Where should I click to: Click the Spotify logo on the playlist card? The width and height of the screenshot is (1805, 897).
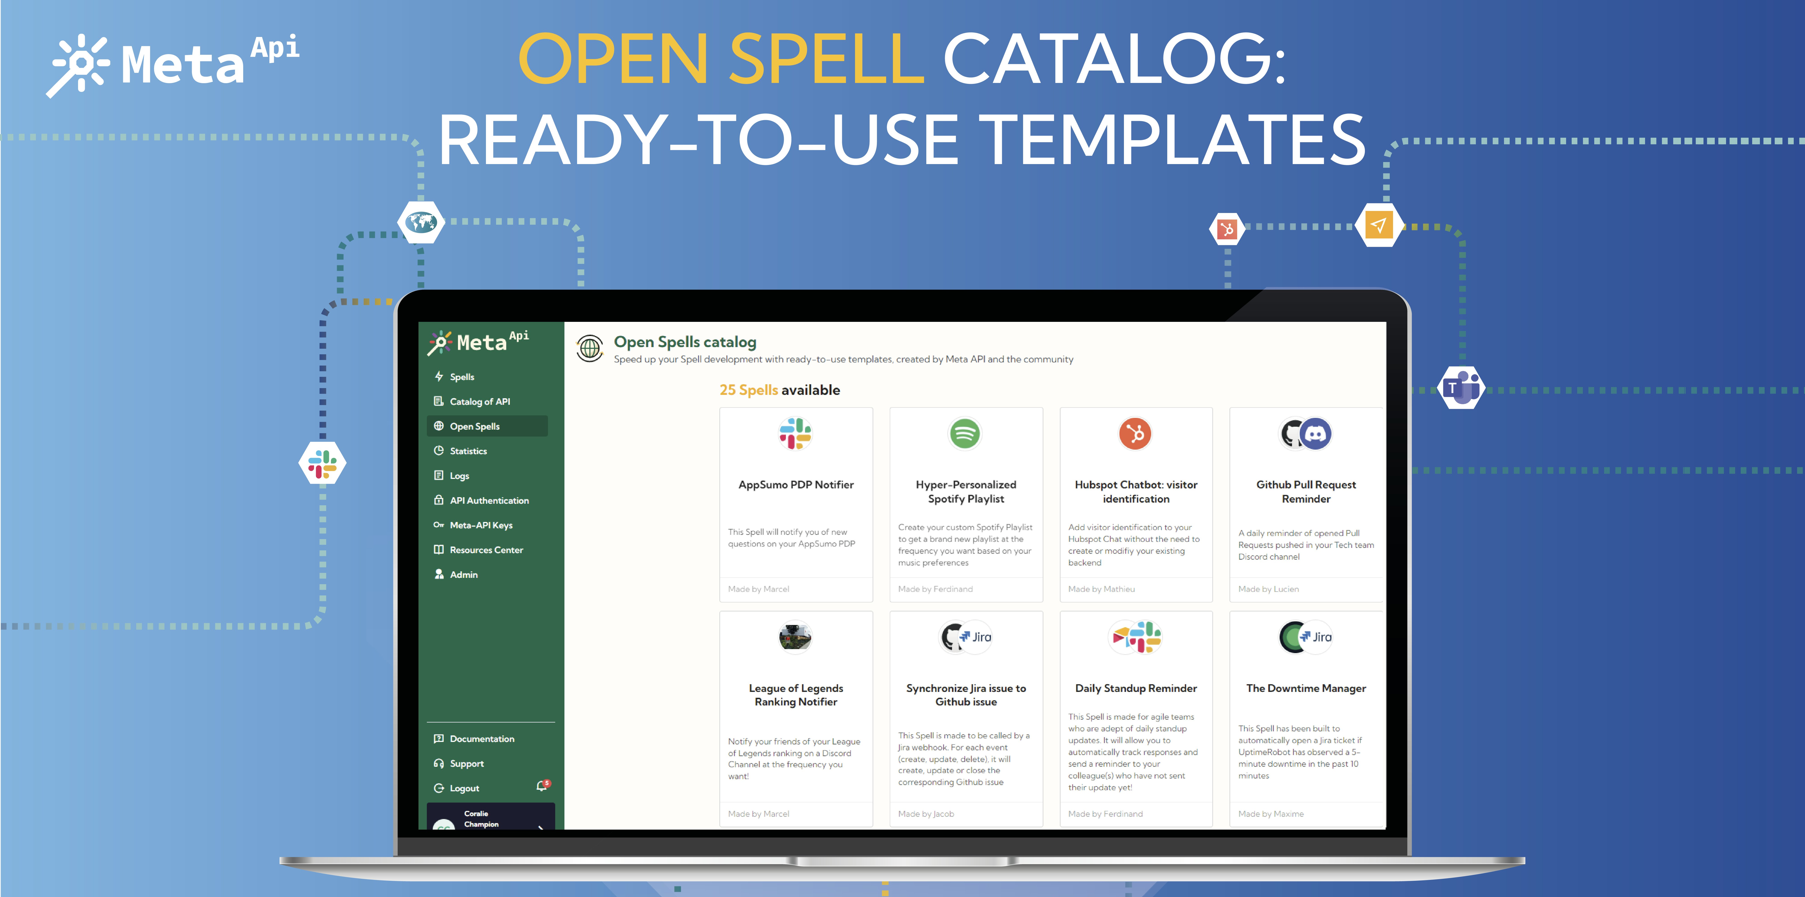click(965, 433)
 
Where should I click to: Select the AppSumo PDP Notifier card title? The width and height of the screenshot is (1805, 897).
click(796, 485)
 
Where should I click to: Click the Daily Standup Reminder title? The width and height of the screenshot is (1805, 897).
click(1136, 688)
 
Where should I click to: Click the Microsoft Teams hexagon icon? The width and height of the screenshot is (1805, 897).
click(1461, 387)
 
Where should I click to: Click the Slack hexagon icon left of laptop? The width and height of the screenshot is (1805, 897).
click(322, 463)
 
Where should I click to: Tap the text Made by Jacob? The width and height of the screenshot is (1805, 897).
click(926, 814)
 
